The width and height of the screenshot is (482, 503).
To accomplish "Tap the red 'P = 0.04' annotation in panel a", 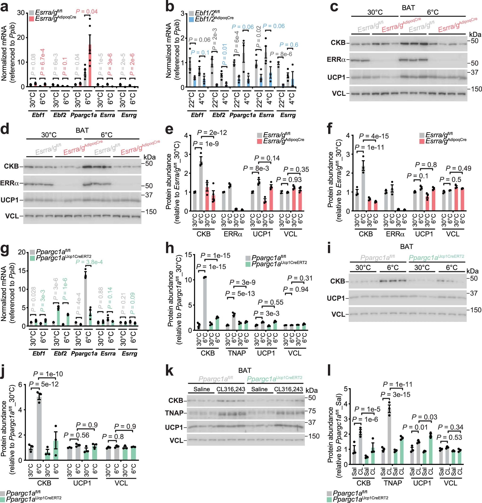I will (x=86, y=12).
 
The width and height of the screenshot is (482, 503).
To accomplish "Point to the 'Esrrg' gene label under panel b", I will (x=288, y=115).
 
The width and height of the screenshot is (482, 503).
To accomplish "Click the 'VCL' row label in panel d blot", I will (x=12, y=216).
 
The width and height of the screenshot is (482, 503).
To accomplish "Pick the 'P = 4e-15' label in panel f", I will (x=374, y=136).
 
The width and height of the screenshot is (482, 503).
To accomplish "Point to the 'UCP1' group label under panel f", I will (x=424, y=234).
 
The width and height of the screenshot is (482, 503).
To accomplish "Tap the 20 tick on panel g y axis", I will (x=22, y=252).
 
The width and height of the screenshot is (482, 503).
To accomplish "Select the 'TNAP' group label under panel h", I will (x=237, y=353).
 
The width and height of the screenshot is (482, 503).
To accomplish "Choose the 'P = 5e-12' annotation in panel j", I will (x=44, y=384).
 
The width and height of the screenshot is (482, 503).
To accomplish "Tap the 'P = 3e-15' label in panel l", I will (x=395, y=394).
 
